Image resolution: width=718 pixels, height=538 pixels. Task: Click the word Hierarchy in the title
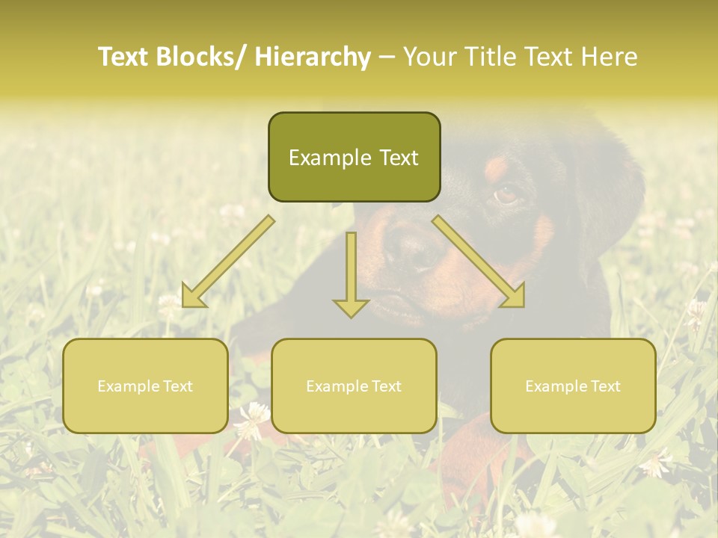[x=313, y=57]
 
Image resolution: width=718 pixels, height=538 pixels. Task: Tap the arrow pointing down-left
[x=228, y=261]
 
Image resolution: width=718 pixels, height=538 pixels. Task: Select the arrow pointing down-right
[x=479, y=261]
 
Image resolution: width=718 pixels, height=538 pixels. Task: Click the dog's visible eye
[x=506, y=196]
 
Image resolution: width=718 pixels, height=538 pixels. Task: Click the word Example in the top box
[x=330, y=158]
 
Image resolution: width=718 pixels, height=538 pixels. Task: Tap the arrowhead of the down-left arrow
[x=193, y=298]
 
